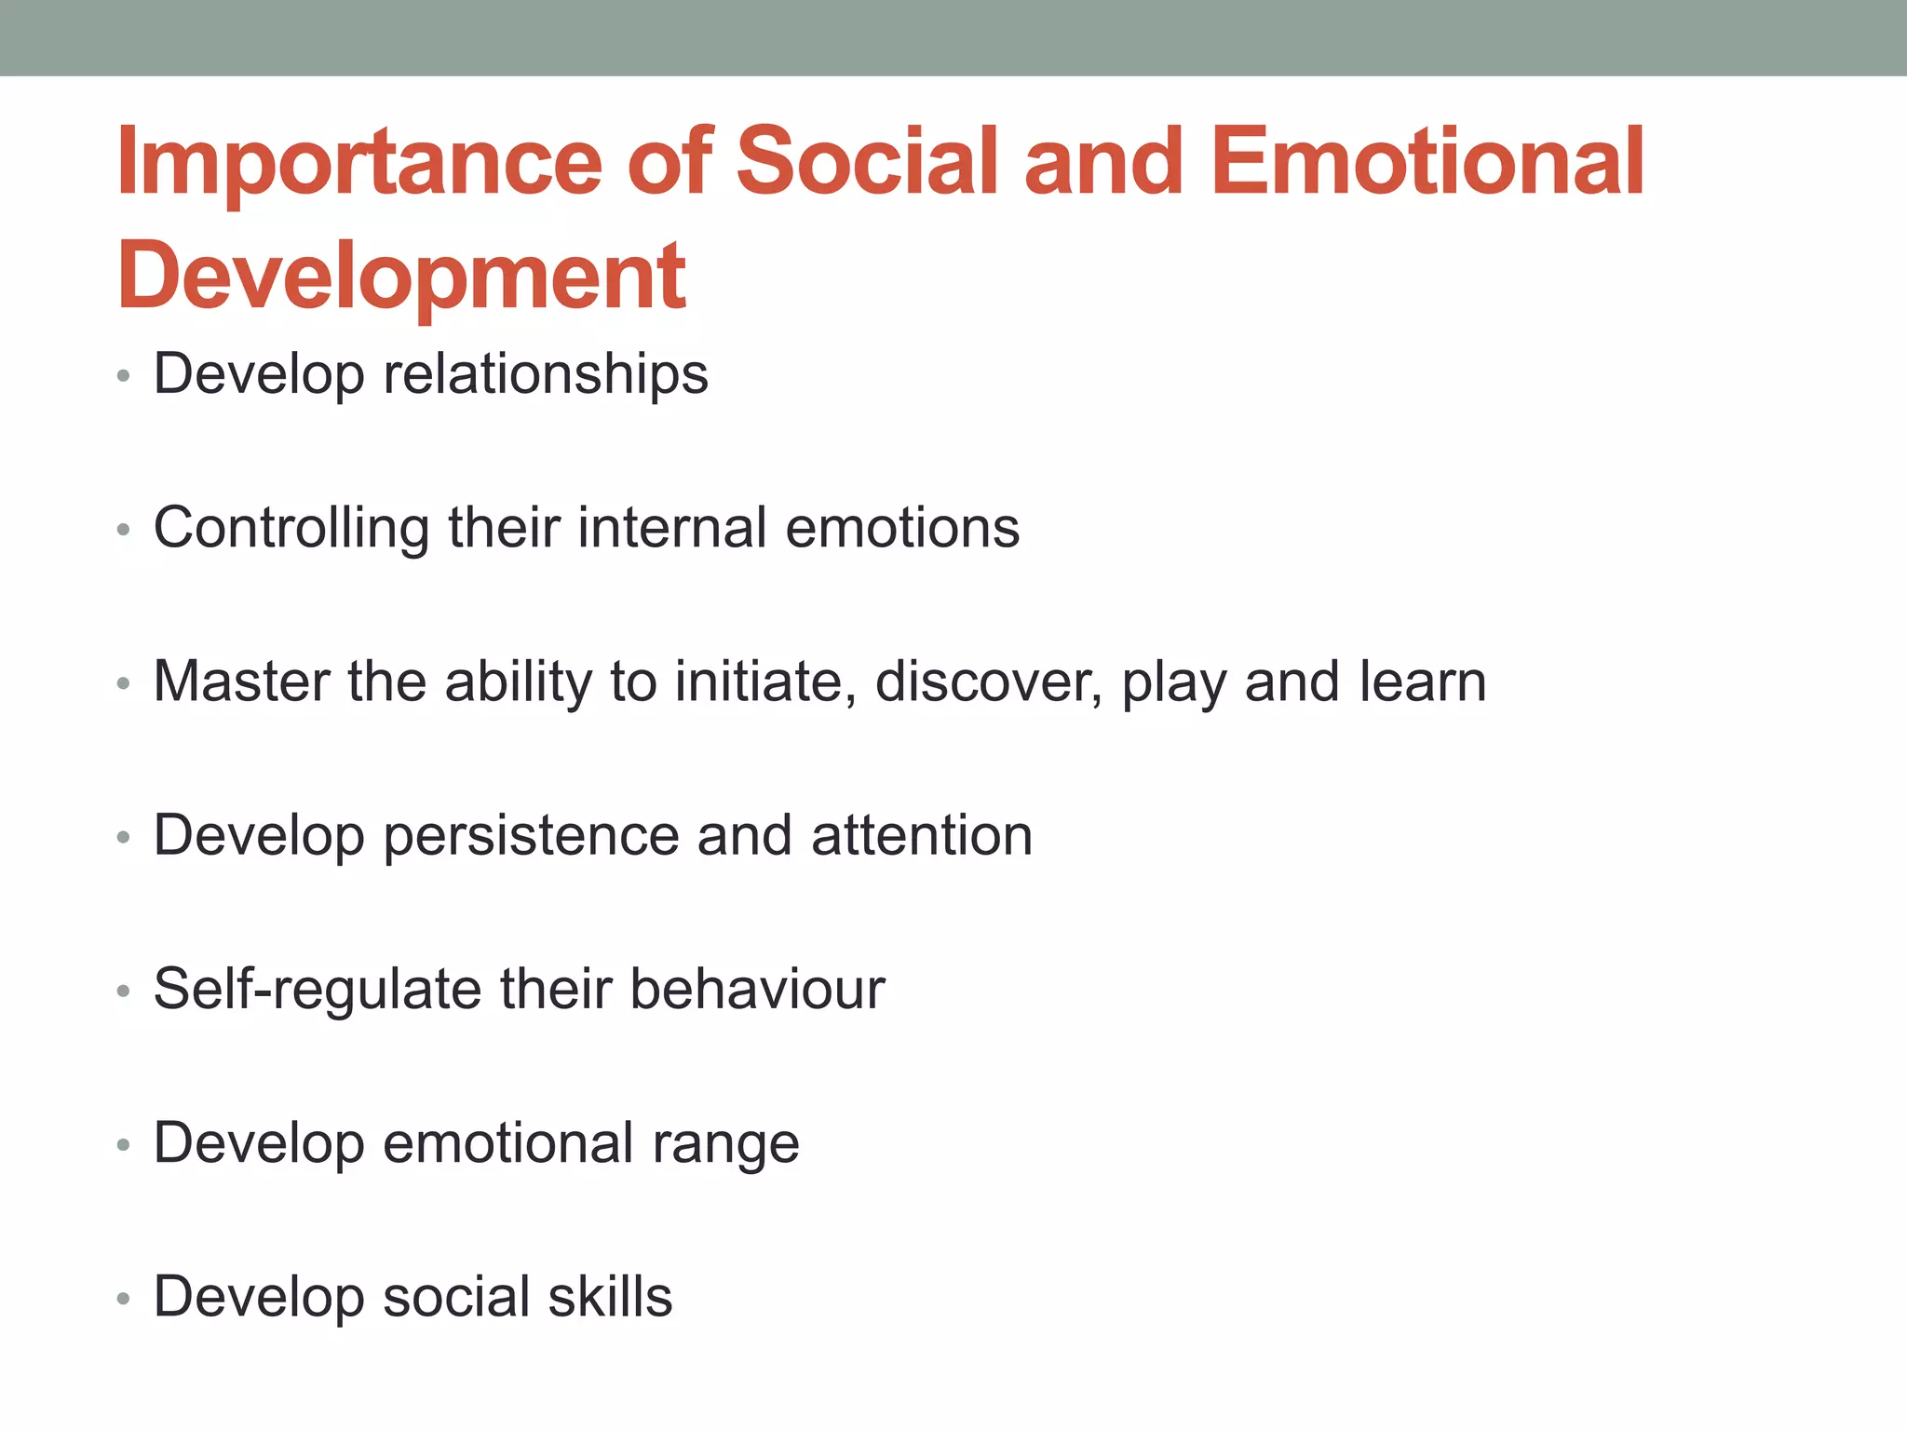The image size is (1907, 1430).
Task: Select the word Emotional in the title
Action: [x=1427, y=163]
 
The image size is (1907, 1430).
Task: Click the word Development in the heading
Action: [x=401, y=277]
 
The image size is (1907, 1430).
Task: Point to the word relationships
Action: [x=546, y=375]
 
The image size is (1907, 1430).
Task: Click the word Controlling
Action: [x=291, y=529]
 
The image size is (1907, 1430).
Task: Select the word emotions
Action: [x=902, y=528]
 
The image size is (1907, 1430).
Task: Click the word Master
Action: [x=241, y=681]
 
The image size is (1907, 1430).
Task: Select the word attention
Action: [x=922, y=836]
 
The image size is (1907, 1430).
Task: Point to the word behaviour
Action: [x=757, y=989]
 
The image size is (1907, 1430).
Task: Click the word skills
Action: [x=610, y=1297]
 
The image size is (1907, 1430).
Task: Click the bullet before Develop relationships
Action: [x=124, y=377]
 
